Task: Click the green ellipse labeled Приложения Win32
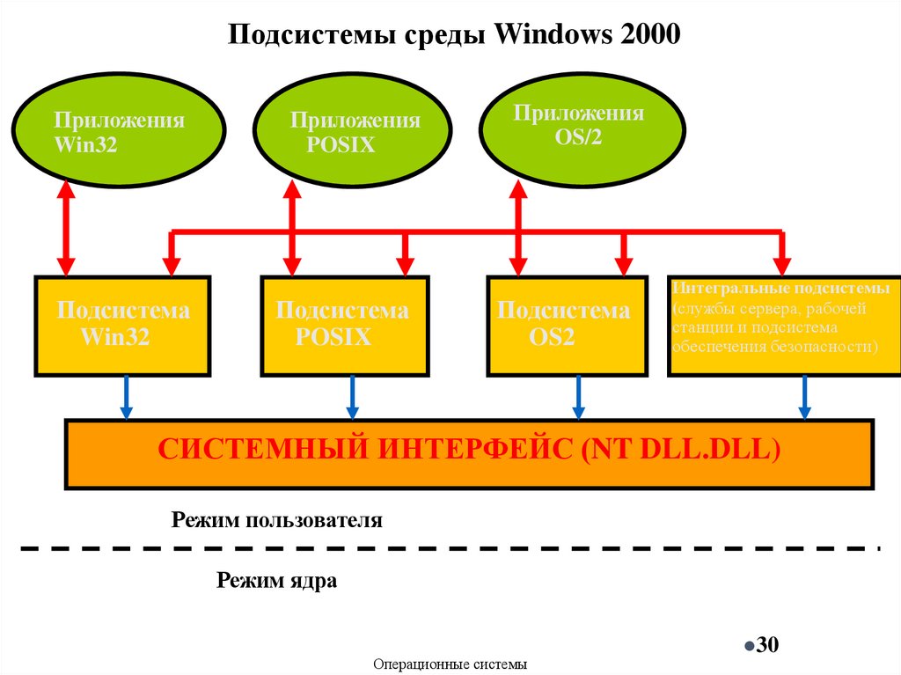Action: [x=121, y=133]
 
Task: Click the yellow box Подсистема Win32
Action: [x=122, y=325]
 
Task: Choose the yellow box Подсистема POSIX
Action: [x=345, y=325]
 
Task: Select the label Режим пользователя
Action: [x=277, y=520]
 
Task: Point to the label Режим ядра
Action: [x=277, y=581]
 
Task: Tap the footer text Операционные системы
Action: [x=450, y=664]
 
